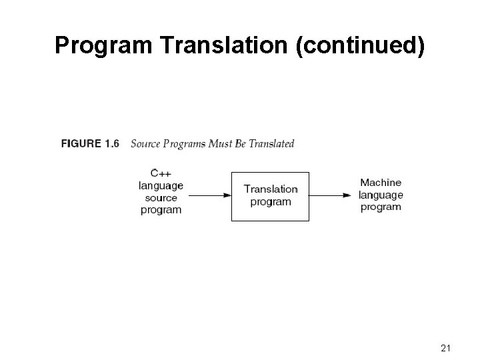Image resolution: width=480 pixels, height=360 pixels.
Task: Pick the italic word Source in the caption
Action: [x=145, y=143]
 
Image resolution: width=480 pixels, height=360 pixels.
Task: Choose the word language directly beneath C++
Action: [x=161, y=186]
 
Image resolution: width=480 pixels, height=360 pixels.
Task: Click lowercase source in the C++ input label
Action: [x=161, y=197]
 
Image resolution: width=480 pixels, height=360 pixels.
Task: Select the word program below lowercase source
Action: [x=161, y=209]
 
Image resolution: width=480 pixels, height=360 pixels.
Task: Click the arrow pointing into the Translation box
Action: [x=209, y=195]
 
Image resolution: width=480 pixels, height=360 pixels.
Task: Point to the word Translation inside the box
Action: [x=271, y=189]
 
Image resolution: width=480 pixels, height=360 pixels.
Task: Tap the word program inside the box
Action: [x=271, y=201]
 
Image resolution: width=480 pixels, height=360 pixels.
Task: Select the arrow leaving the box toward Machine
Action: [x=330, y=195]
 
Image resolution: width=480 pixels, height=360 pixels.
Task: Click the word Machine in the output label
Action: [x=381, y=183]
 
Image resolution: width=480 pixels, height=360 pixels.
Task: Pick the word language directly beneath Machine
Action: [x=381, y=195]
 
